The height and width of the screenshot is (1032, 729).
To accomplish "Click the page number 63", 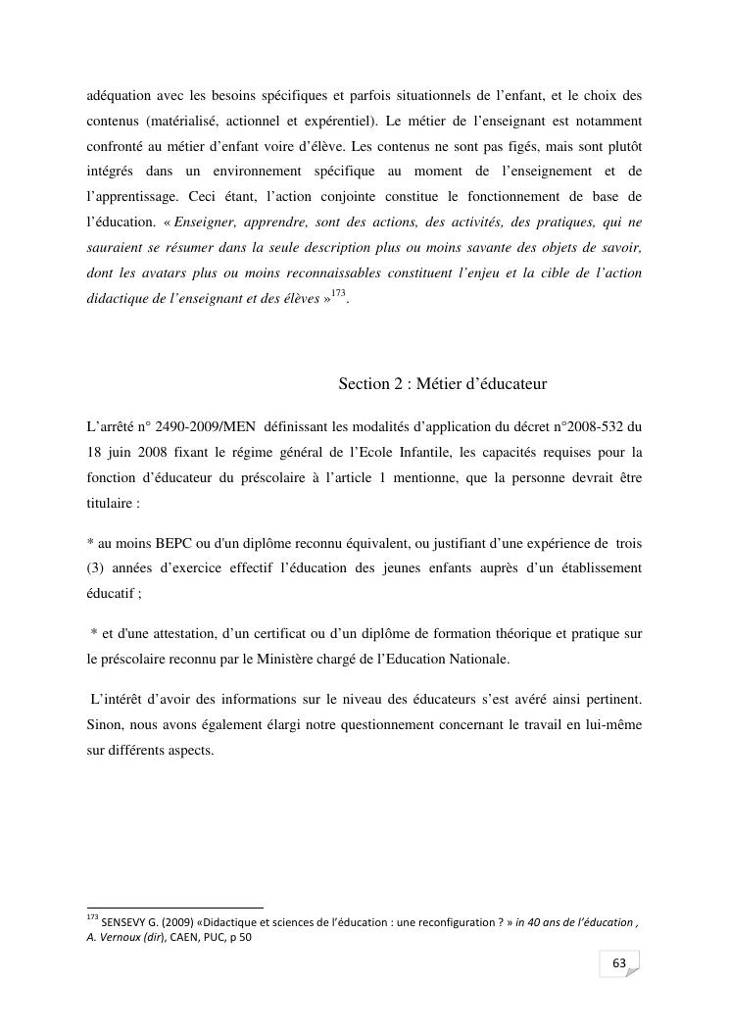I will click(x=619, y=963).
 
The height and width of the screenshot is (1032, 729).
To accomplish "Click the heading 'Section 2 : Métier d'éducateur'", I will click(x=449, y=383).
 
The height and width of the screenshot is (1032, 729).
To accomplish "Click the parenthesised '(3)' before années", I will click(x=98, y=567).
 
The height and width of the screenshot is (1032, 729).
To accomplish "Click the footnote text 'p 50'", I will click(x=241, y=936).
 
